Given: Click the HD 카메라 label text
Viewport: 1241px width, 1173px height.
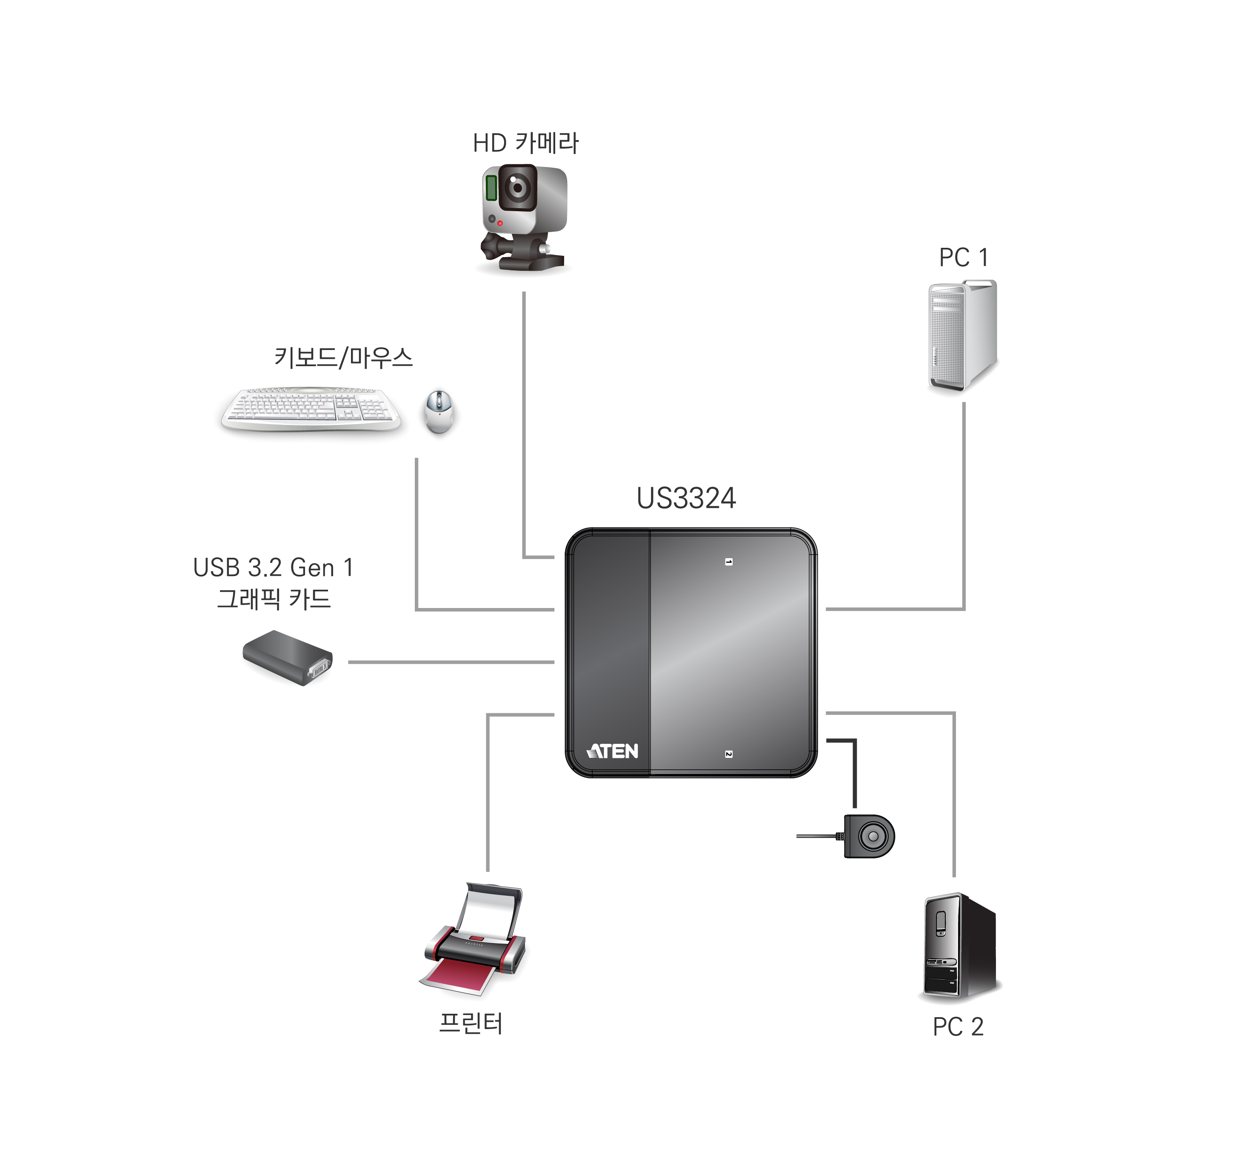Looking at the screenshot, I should pos(525,143).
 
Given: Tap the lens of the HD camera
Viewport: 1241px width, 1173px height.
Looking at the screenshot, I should pos(517,186).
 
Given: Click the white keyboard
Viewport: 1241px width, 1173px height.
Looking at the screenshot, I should pos(311,410).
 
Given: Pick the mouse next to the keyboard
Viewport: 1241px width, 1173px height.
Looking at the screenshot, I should pos(439,411).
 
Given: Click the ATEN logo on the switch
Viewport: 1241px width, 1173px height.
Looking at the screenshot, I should pos(612,751).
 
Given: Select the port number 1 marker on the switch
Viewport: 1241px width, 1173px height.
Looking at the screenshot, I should pos(729,562).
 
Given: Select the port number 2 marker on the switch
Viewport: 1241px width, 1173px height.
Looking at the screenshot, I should pos(729,754).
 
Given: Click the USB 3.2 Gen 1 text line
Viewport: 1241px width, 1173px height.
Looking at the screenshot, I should pos(273,568).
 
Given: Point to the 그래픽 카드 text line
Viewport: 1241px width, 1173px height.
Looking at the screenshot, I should pos(273,599).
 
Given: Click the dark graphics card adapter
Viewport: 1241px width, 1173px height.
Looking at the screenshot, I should pos(288,658).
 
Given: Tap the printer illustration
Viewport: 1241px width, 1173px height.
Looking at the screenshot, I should pos(475,938).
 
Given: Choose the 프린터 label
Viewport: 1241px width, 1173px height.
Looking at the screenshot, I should pos(471,1024).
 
